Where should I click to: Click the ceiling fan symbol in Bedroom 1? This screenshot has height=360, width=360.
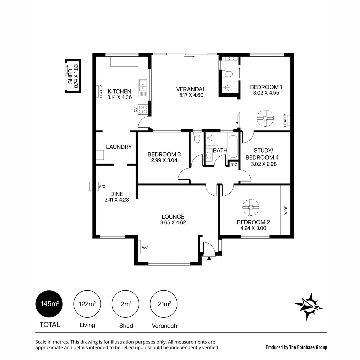coord(265,118)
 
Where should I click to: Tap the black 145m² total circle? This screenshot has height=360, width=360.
coord(49,304)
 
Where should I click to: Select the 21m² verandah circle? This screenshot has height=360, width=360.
coord(164,304)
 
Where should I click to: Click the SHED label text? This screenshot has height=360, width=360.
coord(70,77)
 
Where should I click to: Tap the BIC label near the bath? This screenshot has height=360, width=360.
coord(234,164)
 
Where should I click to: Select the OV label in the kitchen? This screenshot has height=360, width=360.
coord(136,110)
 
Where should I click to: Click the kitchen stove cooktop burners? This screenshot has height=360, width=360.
coord(143,109)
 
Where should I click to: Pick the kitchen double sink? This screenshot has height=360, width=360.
coord(143,85)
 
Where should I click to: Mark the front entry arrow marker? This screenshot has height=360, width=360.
coord(209,258)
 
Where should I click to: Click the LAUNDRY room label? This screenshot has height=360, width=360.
coord(119,147)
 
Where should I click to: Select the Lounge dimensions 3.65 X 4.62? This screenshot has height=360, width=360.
coord(173,223)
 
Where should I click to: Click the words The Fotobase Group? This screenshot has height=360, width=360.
coord(308,347)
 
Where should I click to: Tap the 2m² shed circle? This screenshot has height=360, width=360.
coord(125,304)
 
